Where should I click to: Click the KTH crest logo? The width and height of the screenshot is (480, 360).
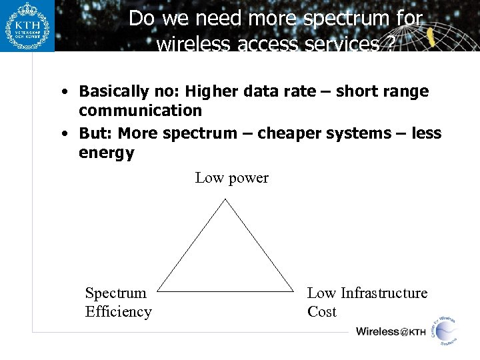(27, 27)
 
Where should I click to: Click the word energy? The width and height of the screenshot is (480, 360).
(106, 153)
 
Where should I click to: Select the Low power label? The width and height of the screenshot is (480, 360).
(231, 178)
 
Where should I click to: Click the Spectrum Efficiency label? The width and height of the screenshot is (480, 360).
(118, 302)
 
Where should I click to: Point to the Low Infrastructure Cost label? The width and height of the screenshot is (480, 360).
(367, 302)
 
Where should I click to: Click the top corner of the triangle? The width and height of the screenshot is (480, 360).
(227, 199)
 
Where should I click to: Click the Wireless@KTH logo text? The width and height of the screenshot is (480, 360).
(391, 331)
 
